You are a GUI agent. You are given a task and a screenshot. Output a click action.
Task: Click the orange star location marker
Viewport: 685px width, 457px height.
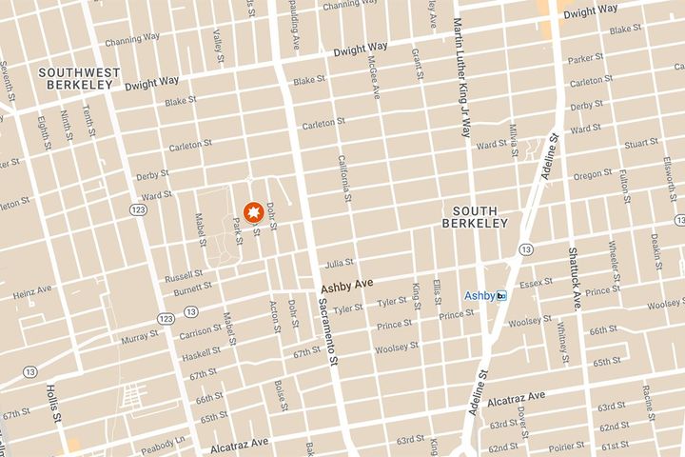coord(254,211)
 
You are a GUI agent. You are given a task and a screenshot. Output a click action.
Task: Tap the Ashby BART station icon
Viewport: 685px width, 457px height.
coord(501,296)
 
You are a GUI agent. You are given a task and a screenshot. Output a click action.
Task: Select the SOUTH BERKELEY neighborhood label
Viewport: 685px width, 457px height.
coord(476,216)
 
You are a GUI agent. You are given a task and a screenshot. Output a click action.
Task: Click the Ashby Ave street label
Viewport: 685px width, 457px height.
coord(343,285)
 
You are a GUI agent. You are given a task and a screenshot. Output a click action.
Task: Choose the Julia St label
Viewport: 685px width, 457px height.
coord(339,262)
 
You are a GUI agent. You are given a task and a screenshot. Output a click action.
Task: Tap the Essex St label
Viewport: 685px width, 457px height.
coord(530,283)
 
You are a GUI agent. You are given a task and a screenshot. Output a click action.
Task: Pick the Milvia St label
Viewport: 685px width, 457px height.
coord(512,139)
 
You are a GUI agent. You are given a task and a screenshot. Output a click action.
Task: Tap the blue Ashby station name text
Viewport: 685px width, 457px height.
coord(479,296)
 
